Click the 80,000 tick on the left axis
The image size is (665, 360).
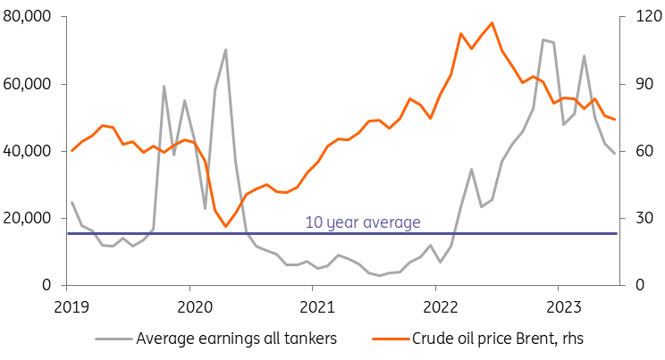27,18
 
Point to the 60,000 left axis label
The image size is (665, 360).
27,85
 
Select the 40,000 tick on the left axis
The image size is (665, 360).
27,152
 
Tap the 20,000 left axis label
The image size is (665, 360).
27,219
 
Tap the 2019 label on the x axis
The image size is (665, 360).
67,306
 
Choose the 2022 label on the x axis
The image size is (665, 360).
435,306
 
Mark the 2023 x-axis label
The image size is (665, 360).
558,306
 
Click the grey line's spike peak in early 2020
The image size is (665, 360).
225,50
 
